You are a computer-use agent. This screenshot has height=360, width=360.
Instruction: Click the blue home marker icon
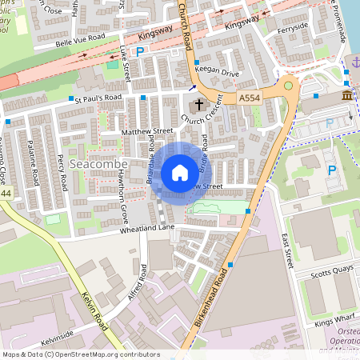pos(180,173)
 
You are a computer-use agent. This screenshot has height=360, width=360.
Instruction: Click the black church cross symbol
pos(198,105)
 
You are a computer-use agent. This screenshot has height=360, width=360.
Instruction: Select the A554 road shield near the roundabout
pos(249,97)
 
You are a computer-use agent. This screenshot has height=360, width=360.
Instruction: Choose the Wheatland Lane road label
pos(124,228)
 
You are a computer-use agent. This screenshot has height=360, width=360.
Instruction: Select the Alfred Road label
pos(137,284)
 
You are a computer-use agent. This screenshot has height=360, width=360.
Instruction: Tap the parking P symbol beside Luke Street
pos(140,52)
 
